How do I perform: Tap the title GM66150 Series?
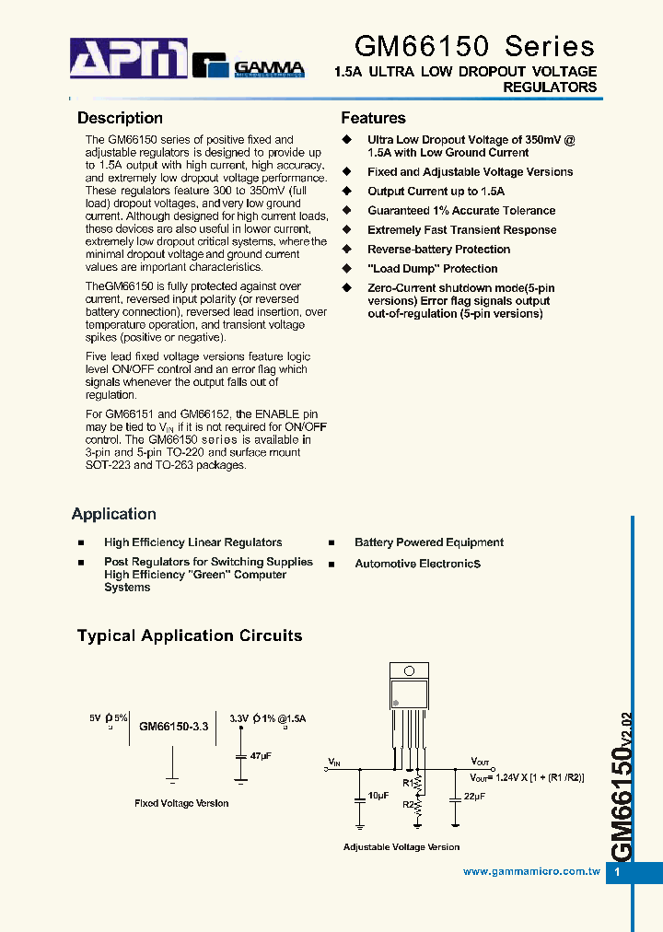point(474,46)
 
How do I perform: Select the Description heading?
point(120,118)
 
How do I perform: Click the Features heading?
point(373,118)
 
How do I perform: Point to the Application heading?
point(114,514)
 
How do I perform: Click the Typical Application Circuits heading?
point(190,635)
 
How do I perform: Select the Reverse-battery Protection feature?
point(438,250)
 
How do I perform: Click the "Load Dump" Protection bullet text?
point(432,269)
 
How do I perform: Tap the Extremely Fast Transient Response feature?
point(461,230)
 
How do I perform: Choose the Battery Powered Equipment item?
point(429,542)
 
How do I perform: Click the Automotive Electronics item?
point(418,564)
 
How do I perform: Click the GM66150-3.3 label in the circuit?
point(174,727)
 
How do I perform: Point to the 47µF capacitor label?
point(261,755)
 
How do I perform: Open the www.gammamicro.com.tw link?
point(531,871)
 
